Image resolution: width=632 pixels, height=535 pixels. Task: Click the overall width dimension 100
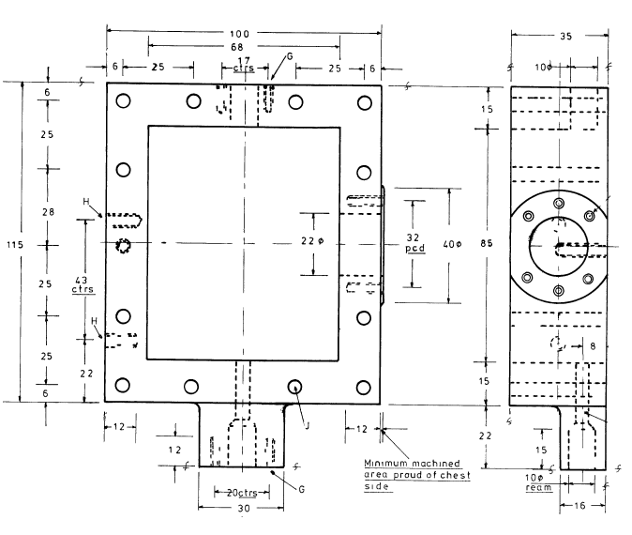click(244, 31)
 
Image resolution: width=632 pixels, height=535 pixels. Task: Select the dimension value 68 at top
click(244, 46)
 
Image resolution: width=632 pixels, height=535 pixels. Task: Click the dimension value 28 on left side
click(49, 212)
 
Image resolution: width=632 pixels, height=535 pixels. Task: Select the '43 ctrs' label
click(83, 284)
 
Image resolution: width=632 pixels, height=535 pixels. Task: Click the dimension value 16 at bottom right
click(583, 507)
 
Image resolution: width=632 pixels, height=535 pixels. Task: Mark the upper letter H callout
click(86, 202)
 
